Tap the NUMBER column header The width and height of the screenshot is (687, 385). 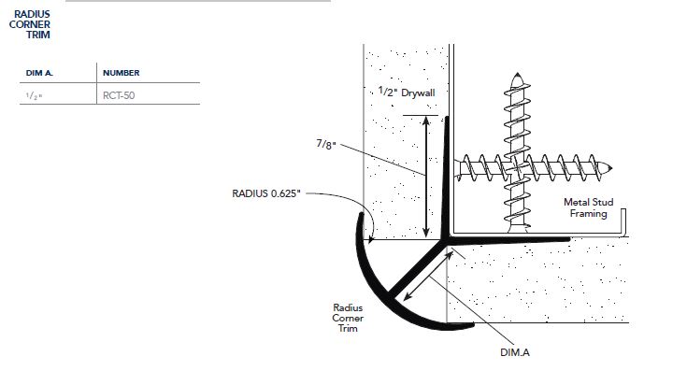121,73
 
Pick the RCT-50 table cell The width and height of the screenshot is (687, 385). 120,94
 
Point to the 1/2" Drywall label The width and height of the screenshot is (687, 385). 408,93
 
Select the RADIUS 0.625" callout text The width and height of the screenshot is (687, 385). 265,194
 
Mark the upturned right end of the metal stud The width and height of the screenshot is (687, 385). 623,216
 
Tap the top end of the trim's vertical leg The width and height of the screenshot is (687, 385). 445,119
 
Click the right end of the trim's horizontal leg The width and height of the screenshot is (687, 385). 569,239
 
